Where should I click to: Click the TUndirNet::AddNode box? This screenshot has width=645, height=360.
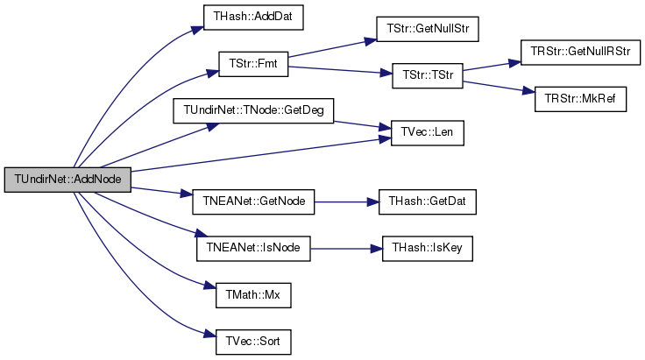67,180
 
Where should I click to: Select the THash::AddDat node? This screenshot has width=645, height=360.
253,18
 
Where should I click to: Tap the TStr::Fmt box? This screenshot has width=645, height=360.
253,64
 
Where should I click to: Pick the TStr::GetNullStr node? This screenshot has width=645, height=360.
428,29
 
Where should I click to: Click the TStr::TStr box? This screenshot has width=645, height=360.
428,75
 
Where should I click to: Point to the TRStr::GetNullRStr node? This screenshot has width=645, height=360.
580,53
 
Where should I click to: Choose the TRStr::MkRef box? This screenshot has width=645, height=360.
580,99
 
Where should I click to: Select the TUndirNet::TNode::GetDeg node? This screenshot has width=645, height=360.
253,110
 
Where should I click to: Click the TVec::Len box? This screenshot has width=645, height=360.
428,133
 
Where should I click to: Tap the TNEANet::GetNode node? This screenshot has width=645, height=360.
253,201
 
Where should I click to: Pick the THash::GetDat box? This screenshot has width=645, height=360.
428,201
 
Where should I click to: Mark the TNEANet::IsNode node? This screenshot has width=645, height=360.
253,249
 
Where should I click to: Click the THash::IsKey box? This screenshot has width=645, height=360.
428,249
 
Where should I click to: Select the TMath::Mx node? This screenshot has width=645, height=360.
253,295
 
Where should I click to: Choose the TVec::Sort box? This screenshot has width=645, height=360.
253,342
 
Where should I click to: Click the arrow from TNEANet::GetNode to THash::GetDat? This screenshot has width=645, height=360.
347,202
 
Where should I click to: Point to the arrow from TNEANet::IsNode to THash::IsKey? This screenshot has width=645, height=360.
346,249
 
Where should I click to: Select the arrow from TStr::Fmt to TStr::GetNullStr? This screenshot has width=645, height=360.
332,48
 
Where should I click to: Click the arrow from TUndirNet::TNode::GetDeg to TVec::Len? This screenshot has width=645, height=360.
363,125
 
